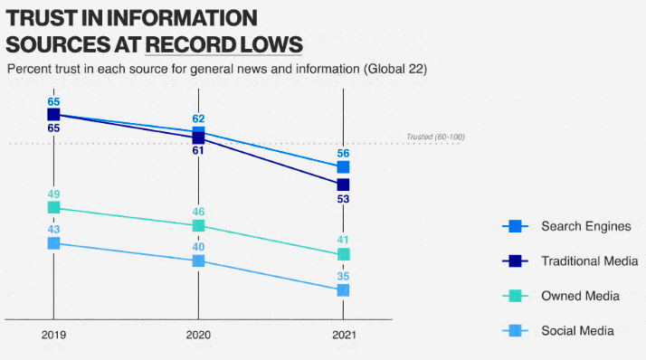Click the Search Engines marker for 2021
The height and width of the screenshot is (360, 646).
coord(343,167)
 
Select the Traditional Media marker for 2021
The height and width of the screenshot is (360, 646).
coord(343,185)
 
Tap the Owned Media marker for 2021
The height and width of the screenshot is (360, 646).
coord(343,254)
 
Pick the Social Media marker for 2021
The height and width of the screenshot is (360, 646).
coord(343,289)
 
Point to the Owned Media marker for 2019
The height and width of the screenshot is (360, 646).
coord(53,208)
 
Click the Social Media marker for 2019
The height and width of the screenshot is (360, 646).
coord(53,243)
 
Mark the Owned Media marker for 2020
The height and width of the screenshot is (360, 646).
coord(198,225)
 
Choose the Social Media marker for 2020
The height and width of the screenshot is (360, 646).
coord(198,261)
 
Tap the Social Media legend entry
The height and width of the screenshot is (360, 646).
coord(577,330)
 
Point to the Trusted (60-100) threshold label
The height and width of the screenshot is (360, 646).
coord(434,137)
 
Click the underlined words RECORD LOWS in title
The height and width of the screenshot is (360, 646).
coord(223,43)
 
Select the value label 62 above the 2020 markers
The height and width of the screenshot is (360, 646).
coord(198,118)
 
